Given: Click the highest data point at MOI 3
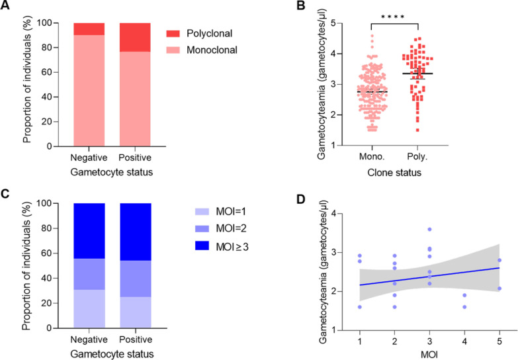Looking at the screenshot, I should point(429,230).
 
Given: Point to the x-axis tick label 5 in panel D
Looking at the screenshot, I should point(499,340).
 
